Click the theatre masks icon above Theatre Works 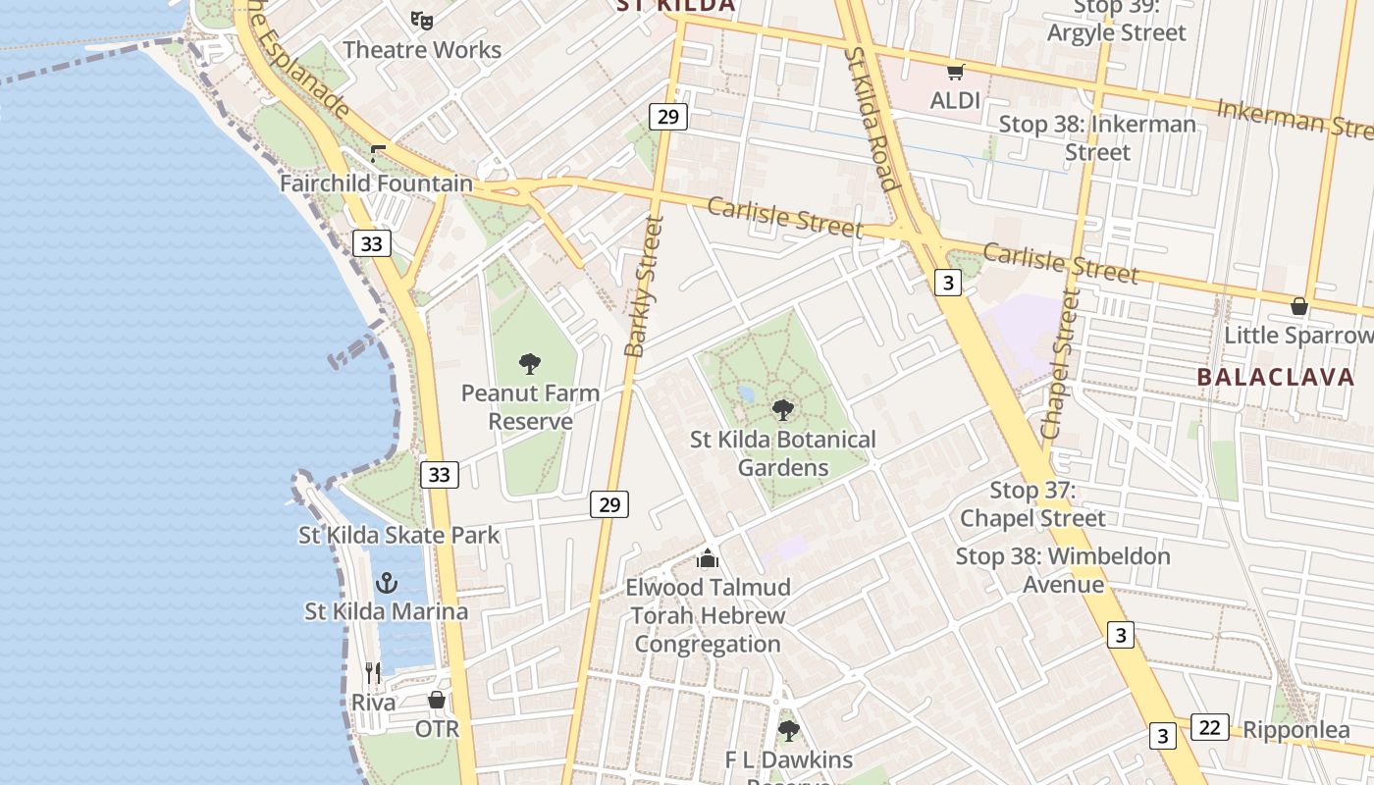tap(422, 20)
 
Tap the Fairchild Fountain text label tap(376, 183)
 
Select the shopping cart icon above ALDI tap(955, 72)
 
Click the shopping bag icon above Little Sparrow tap(1299, 306)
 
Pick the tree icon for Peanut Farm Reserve tap(530, 365)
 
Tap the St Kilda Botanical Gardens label tap(782, 453)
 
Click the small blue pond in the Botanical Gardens tap(746, 394)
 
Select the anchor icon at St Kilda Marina tap(387, 583)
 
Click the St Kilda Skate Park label tap(399, 536)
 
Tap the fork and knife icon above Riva tap(373, 673)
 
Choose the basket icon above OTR tap(437, 701)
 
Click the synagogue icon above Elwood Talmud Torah tap(708, 559)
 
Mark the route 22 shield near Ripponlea tap(1210, 727)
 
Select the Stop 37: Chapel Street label tap(1032, 504)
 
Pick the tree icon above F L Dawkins tap(788, 731)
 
